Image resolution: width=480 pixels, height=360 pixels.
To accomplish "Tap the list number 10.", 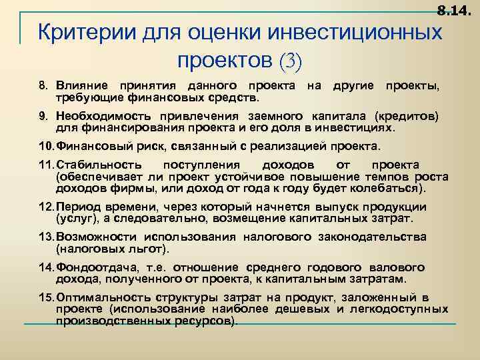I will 47,147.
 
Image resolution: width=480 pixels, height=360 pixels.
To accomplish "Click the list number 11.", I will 47,165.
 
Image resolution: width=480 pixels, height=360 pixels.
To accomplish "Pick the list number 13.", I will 47,237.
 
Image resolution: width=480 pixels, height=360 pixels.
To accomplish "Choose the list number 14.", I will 47,267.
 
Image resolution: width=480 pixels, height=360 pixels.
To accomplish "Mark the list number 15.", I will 47,297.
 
